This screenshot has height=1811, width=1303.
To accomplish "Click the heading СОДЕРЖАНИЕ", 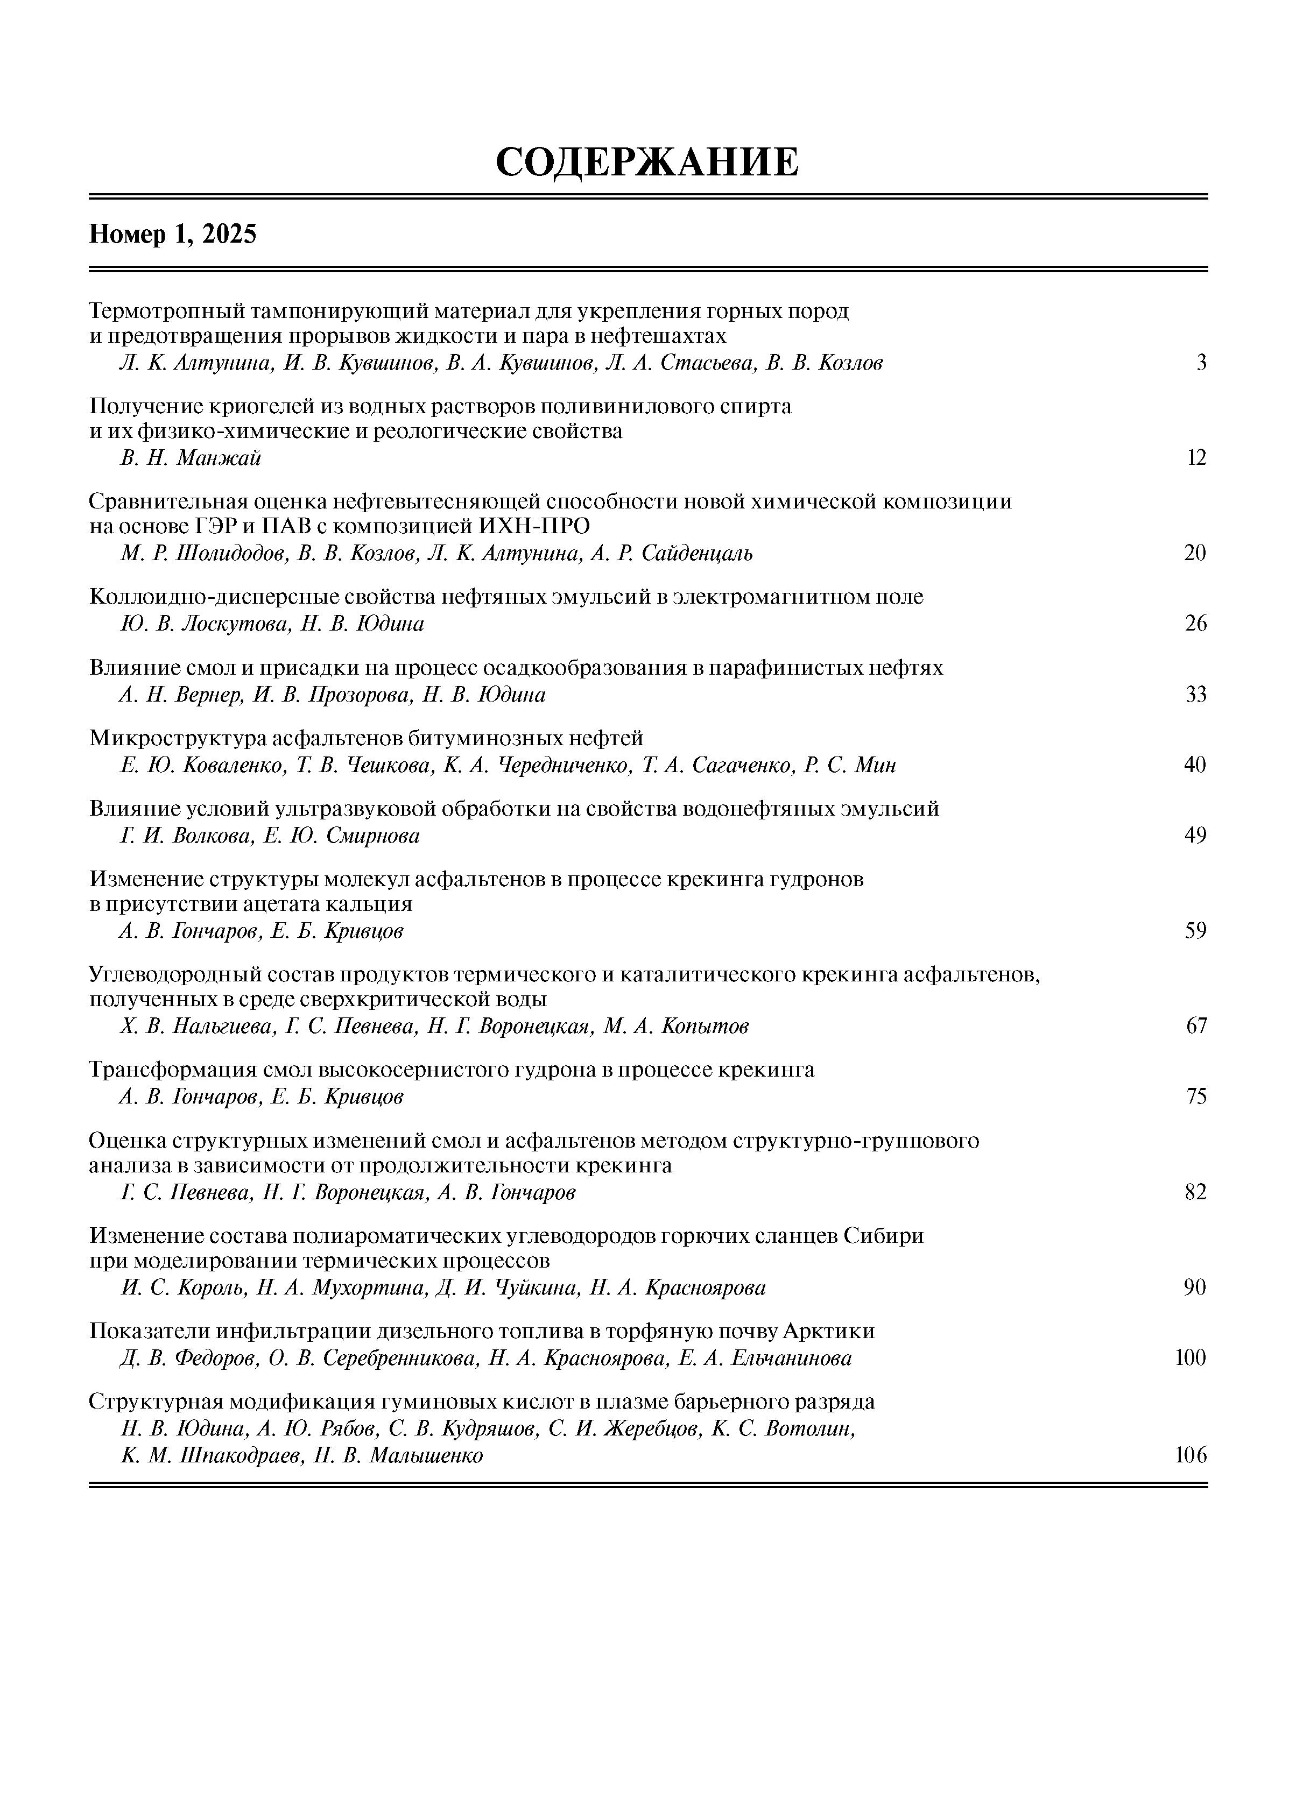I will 646,162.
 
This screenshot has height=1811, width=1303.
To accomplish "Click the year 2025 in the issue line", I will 229,235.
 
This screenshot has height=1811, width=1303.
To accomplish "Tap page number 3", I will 1201,363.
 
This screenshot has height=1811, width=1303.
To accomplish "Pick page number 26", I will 1195,624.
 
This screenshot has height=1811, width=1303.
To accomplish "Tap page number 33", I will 1195,695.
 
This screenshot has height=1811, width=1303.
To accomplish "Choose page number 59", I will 1195,931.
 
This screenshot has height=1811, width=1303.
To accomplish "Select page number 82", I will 1195,1193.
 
